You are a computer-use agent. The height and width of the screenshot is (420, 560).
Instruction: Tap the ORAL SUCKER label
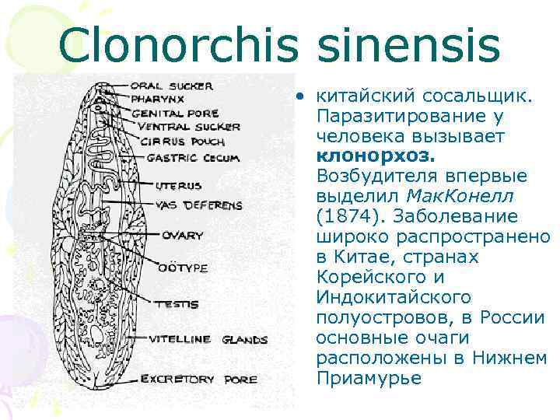click(x=171, y=86)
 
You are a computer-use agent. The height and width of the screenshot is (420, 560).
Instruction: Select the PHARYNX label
click(x=158, y=99)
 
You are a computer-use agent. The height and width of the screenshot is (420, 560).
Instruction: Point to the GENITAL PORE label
click(x=173, y=113)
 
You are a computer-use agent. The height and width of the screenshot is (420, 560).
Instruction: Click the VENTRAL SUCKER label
click(x=185, y=127)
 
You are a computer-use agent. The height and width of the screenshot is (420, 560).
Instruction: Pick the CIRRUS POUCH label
click(x=172, y=142)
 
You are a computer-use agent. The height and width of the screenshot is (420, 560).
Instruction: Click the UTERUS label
click(x=178, y=187)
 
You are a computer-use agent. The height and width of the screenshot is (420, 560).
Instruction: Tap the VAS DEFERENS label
click(x=198, y=205)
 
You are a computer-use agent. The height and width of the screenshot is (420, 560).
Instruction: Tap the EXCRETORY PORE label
click(x=198, y=380)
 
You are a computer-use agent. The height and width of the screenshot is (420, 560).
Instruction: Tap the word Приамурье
click(x=369, y=378)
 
